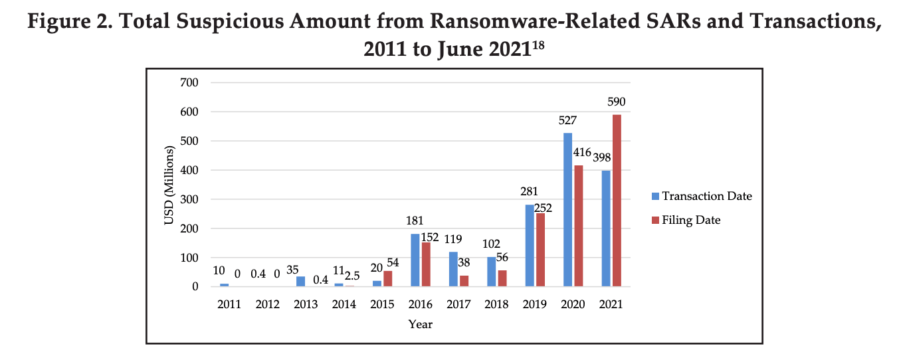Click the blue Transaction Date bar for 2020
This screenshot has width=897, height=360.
567,209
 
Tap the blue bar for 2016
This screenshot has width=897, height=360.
415,260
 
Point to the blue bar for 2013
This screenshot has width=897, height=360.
300,281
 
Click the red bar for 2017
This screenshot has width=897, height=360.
464,281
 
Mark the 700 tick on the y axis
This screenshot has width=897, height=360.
191,83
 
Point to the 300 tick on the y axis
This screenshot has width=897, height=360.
191,199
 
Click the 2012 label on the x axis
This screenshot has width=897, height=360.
268,304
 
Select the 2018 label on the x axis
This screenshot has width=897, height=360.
496,304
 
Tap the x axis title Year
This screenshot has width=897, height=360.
420,324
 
